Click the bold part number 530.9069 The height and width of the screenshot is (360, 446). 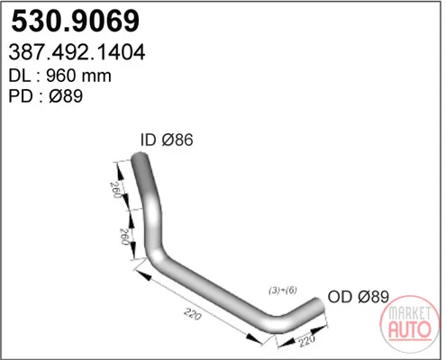click(x=75, y=21)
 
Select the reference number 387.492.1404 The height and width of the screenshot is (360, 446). click(x=77, y=52)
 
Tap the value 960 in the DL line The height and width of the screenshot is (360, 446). click(x=60, y=76)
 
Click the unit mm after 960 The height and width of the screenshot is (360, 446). click(x=96, y=76)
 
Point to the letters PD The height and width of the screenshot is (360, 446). click(x=21, y=96)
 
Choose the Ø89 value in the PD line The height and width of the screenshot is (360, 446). click(x=66, y=96)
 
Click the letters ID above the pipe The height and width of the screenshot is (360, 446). click(x=149, y=139)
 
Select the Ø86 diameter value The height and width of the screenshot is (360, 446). click(x=177, y=139)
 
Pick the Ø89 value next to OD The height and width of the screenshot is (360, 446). click(x=373, y=297)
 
